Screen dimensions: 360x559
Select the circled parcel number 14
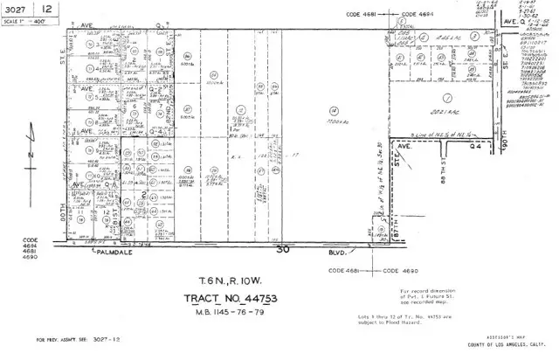click(x=335, y=111)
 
